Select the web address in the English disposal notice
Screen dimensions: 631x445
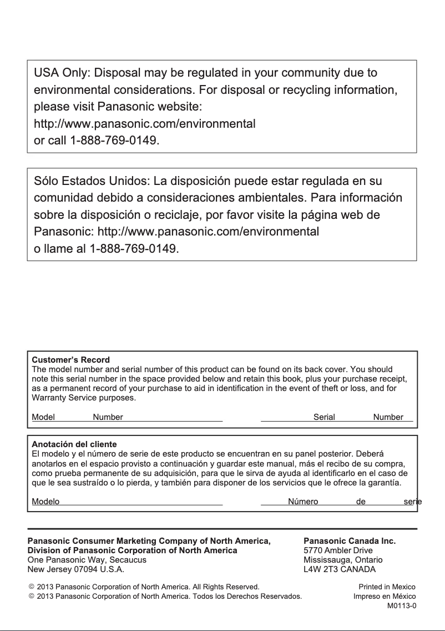pos(144,123)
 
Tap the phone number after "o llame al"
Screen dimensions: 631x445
pos(134,249)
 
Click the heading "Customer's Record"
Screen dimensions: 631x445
pos(70,360)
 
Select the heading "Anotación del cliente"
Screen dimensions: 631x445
pos(74,444)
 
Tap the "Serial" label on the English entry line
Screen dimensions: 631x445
pos(324,417)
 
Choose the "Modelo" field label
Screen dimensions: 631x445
pos(45,502)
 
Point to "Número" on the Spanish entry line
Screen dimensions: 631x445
pos(303,502)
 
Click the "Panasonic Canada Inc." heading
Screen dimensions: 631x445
pos(350,540)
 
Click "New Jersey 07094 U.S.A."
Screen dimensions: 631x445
pos(76,569)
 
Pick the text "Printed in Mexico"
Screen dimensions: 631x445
pos(387,587)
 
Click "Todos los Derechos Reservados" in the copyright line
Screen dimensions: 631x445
pos(253,597)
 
